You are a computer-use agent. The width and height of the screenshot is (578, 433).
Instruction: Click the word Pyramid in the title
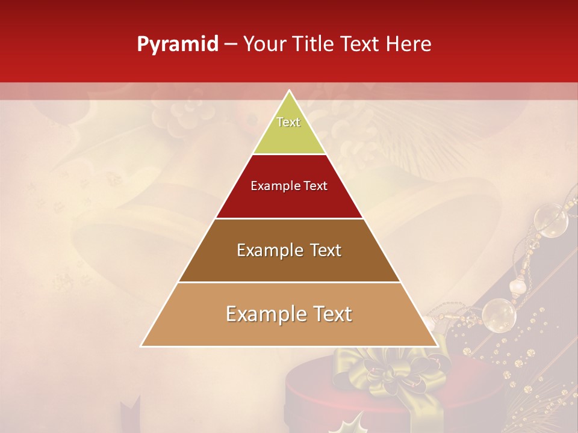click(177, 45)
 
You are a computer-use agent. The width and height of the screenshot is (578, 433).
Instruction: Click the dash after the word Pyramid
click(230, 45)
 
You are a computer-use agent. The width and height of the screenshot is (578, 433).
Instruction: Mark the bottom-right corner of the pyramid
click(437, 346)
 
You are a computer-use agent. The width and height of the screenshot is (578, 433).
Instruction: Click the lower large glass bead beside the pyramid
click(499, 313)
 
